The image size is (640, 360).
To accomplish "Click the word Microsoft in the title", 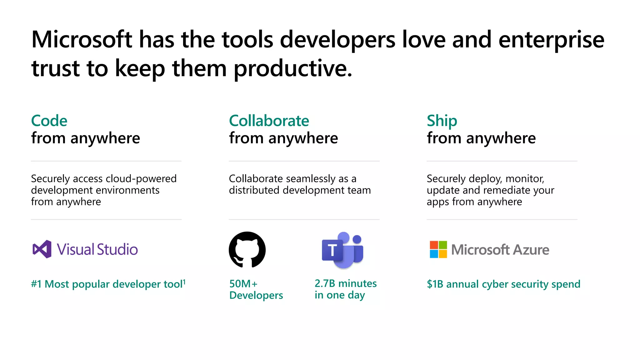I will pyautogui.click(x=82, y=40).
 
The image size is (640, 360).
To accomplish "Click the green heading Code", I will pyautogui.click(x=49, y=121).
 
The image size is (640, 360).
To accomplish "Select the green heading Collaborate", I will pyautogui.click(x=269, y=121).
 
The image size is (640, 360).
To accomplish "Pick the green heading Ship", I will pyautogui.click(x=442, y=121).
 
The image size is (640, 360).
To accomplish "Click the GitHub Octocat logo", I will pyautogui.click(x=247, y=249).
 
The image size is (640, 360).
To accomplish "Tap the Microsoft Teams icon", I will pyautogui.click(x=342, y=250).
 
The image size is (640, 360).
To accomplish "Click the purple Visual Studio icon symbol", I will pyautogui.click(x=42, y=249).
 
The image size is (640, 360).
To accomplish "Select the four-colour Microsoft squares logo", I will pyautogui.click(x=438, y=249).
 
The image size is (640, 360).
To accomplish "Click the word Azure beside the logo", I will pyautogui.click(x=531, y=250).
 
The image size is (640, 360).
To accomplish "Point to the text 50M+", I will pyautogui.click(x=243, y=284).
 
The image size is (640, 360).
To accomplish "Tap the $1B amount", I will pyautogui.click(x=435, y=284).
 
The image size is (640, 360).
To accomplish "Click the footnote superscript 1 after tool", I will pyautogui.click(x=184, y=282).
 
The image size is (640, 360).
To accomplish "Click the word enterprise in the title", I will pyautogui.click(x=551, y=40).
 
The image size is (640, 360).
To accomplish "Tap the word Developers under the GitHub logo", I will pyautogui.click(x=256, y=295).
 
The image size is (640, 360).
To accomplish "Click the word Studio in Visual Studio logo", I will pyautogui.click(x=117, y=249).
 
